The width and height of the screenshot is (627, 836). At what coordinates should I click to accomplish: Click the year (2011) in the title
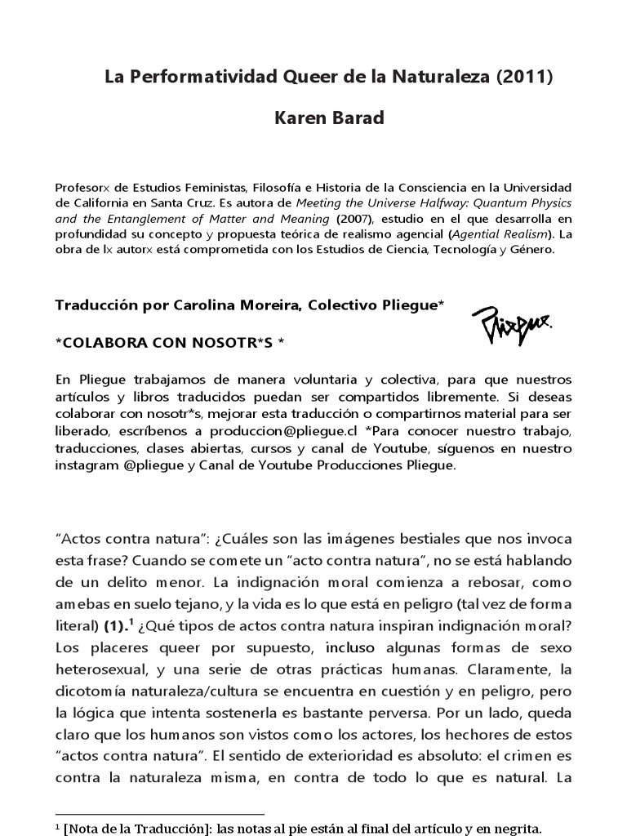[x=525, y=78]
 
